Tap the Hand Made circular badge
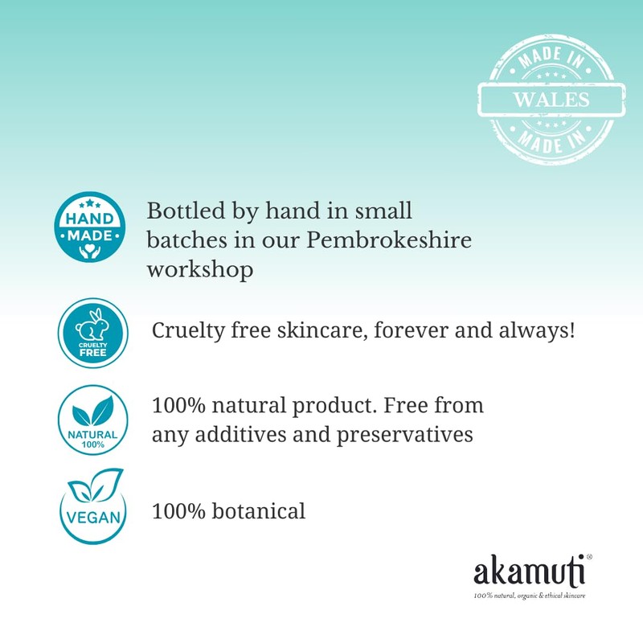pyautogui.click(x=88, y=227)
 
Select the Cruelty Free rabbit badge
pyautogui.click(x=93, y=332)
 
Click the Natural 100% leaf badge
pyautogui.click(x=93, y=420)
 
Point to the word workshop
pyautogui.click(x=199, y=270)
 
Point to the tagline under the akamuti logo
pyautogui.click(x=530, y=596)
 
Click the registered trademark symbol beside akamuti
pyautogui.click(x=590, y=556)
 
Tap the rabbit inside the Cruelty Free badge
pyautogui.click(x=93, y=323)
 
